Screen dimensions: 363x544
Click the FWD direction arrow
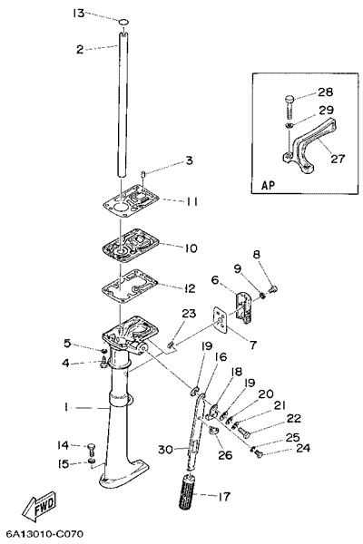pos(38,507)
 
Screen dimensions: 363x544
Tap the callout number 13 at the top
pos(79,14)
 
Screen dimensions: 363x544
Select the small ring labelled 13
pos(123,23)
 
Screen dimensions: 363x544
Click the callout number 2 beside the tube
pos(80,49)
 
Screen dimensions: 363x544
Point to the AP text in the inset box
pos(268,185)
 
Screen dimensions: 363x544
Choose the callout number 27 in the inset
pos(337,158)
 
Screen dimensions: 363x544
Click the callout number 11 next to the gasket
pos(190,201)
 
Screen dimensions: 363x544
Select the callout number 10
pos(191,248)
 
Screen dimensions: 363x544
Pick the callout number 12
pos(190,288)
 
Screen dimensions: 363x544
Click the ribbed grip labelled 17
pos(189,492)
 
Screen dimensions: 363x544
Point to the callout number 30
pos(166,450)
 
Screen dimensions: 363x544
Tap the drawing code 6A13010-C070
pos(42,533)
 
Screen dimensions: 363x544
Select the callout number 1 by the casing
pos(65,407)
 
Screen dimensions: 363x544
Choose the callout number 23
pos(189,314)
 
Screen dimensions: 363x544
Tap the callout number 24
pos(302,448)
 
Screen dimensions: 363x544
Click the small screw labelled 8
pos(273,288)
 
